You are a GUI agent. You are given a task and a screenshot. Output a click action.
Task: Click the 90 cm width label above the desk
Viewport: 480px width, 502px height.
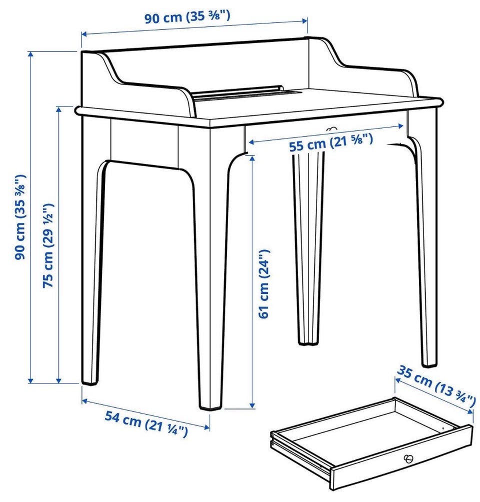click(x=187, y=16)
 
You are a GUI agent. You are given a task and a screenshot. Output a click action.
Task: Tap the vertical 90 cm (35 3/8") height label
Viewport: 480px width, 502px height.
click(x=20, y=217)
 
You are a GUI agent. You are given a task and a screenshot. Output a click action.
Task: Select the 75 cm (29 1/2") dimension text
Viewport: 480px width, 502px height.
click(x=48, y=245)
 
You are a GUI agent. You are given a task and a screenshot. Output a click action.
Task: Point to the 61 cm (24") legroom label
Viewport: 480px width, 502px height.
click(x=264, y=283)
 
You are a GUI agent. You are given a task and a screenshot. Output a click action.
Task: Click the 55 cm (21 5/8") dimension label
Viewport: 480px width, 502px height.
click(x=331, y=143)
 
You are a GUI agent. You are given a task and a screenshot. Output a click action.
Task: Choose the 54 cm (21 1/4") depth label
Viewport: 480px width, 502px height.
click(x=146, y=424)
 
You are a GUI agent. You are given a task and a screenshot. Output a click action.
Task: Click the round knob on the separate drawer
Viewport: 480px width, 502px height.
click(x=408, y=458)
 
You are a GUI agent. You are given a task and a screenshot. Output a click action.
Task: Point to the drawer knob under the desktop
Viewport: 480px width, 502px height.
click(x=331, y=129)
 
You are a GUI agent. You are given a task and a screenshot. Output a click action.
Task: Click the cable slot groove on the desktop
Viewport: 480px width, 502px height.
click(x=246, y=93)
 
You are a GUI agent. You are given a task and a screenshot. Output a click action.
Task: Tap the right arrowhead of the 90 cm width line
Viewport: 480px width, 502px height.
click(x=305, y=21)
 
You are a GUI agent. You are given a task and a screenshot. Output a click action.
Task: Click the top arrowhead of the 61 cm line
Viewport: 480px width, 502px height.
click(x=252, y=158)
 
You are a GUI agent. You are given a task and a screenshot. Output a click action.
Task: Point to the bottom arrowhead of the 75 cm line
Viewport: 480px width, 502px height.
click(x=58, y=379)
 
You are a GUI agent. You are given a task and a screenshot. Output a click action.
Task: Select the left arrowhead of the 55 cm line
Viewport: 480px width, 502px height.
click(x=251, y=142)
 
